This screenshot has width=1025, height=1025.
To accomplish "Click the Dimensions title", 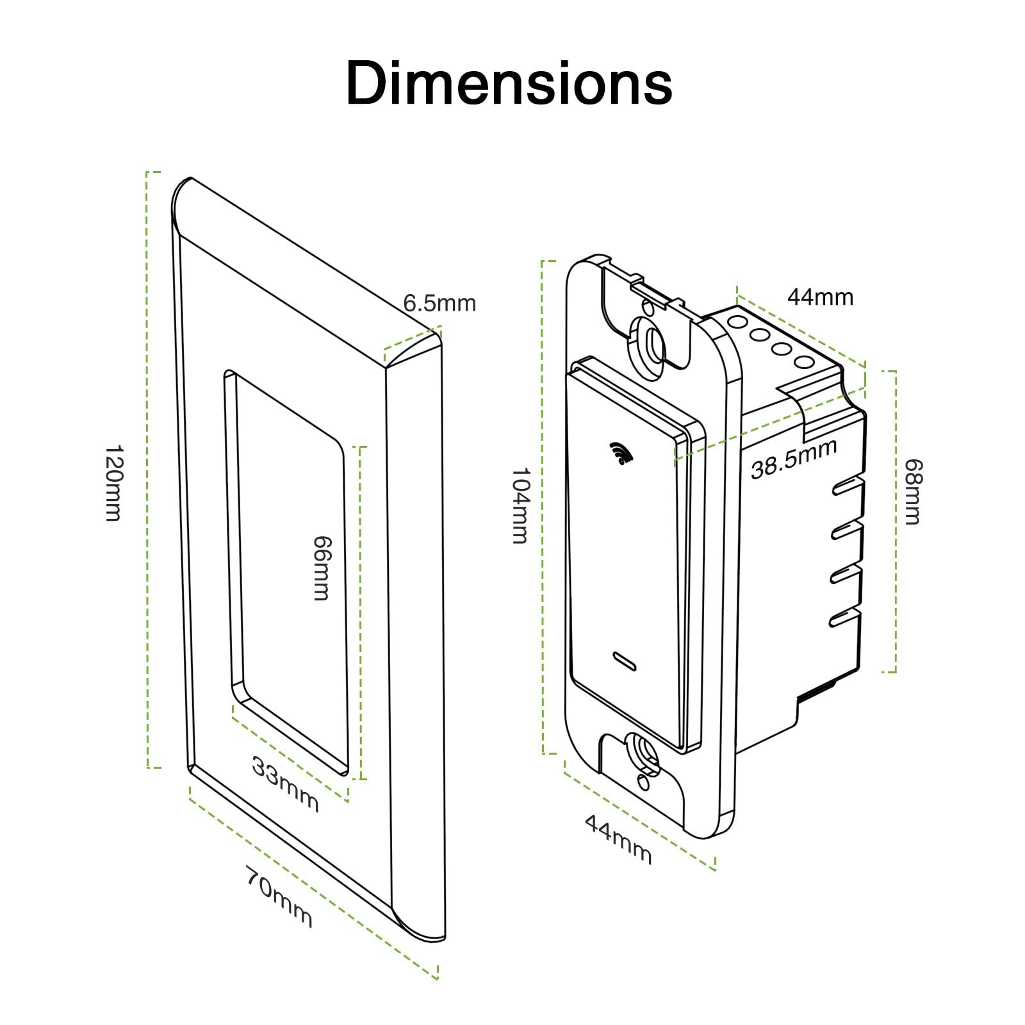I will pos(509,83).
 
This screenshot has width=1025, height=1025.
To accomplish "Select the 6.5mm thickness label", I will pos(439,303).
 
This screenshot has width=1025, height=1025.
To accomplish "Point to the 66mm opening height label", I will pos(320,568).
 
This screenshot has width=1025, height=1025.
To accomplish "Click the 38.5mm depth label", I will pos(794,459).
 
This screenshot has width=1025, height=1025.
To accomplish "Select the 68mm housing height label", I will pos(912,491).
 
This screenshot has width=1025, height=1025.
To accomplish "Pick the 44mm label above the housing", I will pos(820,297).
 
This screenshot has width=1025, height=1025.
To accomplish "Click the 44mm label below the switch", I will pos(618,839).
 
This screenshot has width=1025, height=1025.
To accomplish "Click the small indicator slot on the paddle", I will pos(625,661).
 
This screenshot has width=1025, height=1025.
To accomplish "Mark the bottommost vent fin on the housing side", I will pos(844,617).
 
